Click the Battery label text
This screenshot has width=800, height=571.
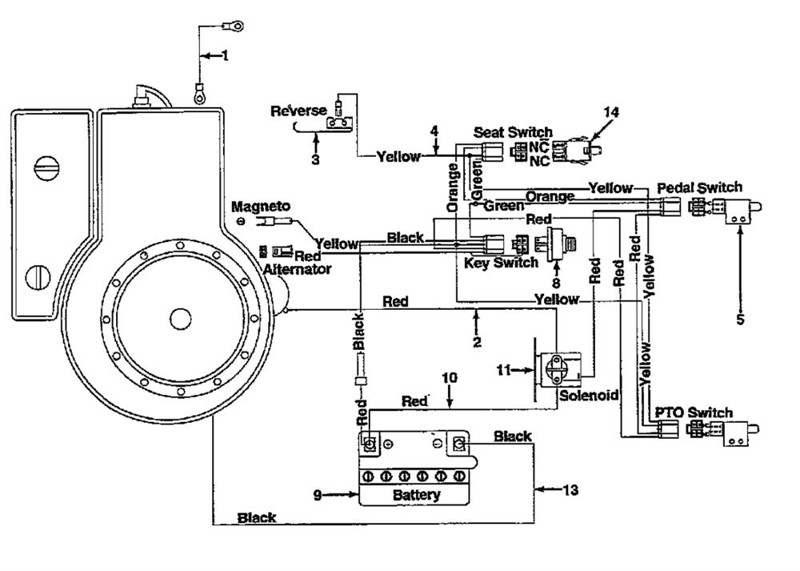point(416,495)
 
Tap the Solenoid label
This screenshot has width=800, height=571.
point(590,396)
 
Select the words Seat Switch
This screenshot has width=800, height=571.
point(513,132)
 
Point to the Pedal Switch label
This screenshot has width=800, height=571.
point(699,187)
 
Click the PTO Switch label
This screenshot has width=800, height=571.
point(694,412)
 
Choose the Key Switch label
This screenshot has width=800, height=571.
point(501,263)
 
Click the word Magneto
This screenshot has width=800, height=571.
point(261,207)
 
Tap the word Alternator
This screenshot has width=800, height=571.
point(297,269)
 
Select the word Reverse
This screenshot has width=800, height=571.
point(298,111)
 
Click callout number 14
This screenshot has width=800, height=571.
point(610,112)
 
